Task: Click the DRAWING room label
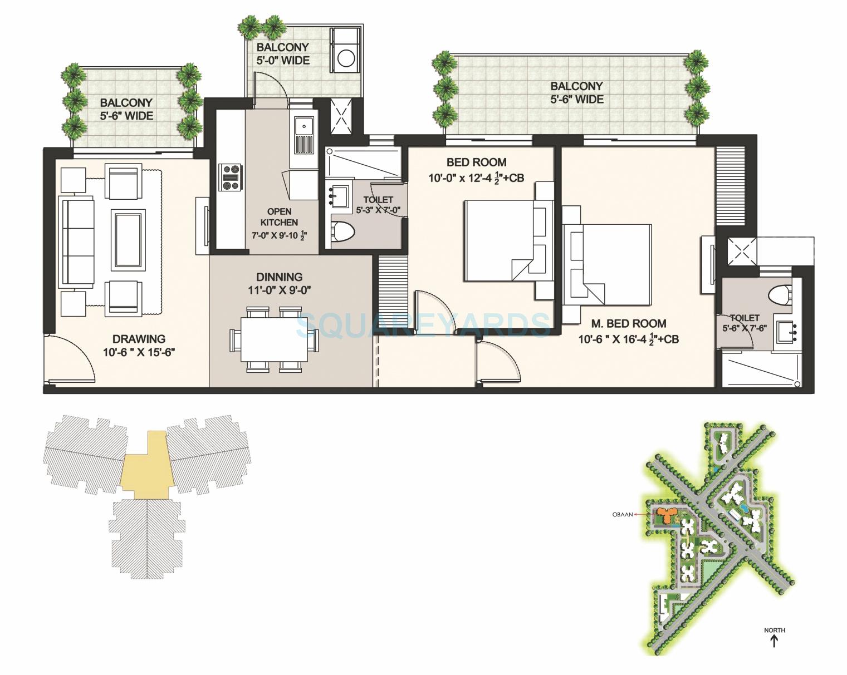click(139, 338)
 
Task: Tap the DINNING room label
click(279, 277)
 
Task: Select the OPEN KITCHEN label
click(279, 216)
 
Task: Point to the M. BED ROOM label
click(629, 323)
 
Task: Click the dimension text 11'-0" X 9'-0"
click(279, 290)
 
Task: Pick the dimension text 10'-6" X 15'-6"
click(139, 352)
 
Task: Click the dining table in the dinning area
click(274, 339)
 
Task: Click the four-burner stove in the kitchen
click(231, 178)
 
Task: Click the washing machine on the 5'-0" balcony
click(346, 58)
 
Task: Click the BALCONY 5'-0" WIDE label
click(283, 54)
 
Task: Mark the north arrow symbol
click(774, 641)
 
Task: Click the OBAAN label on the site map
click(622, 514)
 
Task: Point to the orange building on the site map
click(665, 513)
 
